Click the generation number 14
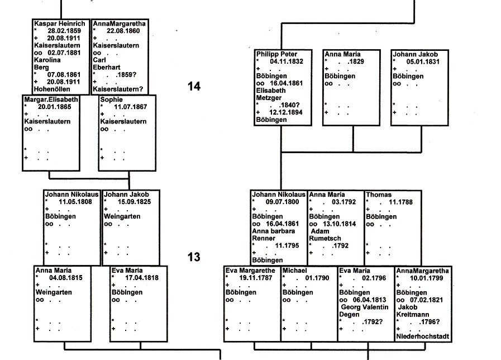click(193, 86)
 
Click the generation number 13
click(193, 257)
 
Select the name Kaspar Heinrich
click(59, 23)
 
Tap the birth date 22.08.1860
click(121, 31)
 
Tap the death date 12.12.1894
click(287, 112)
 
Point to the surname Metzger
click(269, 97)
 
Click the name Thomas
click(379, 195)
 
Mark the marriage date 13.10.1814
click(333, 224)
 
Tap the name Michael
click(295, 271)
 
